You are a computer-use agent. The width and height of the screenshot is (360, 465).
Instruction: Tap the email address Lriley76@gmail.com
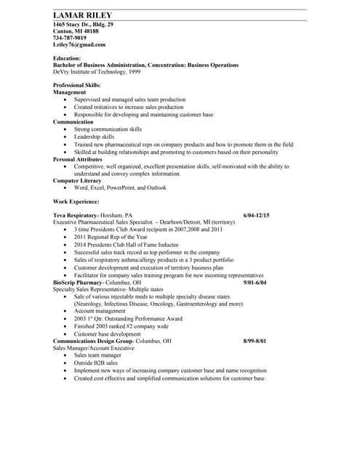coord(79,45)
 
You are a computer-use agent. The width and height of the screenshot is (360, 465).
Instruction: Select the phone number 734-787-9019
coord(70,38)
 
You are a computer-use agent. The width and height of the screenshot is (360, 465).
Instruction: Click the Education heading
coord(67,58)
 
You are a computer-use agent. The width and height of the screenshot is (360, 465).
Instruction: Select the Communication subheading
coord(73,121)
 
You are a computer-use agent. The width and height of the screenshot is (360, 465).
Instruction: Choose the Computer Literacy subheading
coord(77,180)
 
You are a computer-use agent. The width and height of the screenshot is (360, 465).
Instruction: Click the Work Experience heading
coord(76,201)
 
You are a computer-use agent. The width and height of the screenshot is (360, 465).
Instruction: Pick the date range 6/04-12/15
coord(255,215)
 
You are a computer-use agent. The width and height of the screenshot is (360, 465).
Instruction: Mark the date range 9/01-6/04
coord(255,282)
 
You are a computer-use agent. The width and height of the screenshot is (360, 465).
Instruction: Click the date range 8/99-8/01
coord(255,341)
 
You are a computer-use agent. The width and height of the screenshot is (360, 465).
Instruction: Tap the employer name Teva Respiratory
coord(76,215)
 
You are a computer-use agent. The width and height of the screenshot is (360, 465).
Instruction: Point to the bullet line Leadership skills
coord(94,137)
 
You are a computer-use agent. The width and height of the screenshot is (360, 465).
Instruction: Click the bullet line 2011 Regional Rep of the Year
coord(111,237)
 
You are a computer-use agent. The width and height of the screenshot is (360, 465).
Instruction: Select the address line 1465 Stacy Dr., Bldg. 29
coord(83,24)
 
